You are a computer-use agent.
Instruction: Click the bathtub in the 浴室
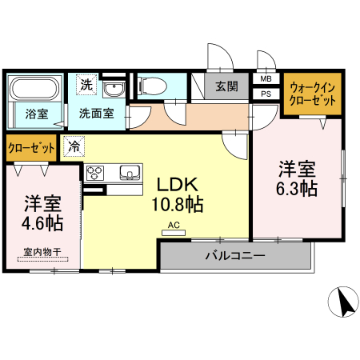coord(35,88)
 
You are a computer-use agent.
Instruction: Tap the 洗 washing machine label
coord(85,83)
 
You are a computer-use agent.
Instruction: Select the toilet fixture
coord(152,83)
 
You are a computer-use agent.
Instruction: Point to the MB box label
coord(266,79)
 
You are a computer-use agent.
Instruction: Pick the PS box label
coord(266,94)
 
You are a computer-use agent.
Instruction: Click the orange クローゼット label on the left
coord(31,148)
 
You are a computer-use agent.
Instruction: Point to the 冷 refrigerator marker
coord(74,146)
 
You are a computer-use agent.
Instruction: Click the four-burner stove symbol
coord(95,174)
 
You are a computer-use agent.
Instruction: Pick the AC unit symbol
coord(174,230)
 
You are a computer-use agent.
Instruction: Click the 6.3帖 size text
coord(297,190)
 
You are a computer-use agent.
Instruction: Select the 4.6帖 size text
coord(43,222)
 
